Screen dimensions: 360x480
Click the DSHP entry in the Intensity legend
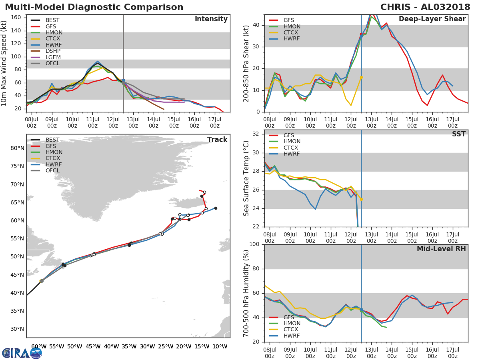tap(53, 51)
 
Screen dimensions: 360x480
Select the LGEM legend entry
tap(53, 57)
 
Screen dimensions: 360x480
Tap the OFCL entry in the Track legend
tap(52, 171)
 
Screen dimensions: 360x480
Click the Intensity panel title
tap(211, 19)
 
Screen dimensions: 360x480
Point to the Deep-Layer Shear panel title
tap(432, 19)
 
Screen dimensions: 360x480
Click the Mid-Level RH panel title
tap(441, 249)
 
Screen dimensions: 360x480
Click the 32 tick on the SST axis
tap(256, 134)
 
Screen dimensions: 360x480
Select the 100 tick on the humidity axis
tap(254, 244)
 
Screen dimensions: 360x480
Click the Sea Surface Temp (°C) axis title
tap(246, 178)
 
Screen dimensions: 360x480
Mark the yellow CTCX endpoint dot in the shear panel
tap(361, 77)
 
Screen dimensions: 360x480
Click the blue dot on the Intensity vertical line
tap(123, 80)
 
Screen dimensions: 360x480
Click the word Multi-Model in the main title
tap(30, 7)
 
